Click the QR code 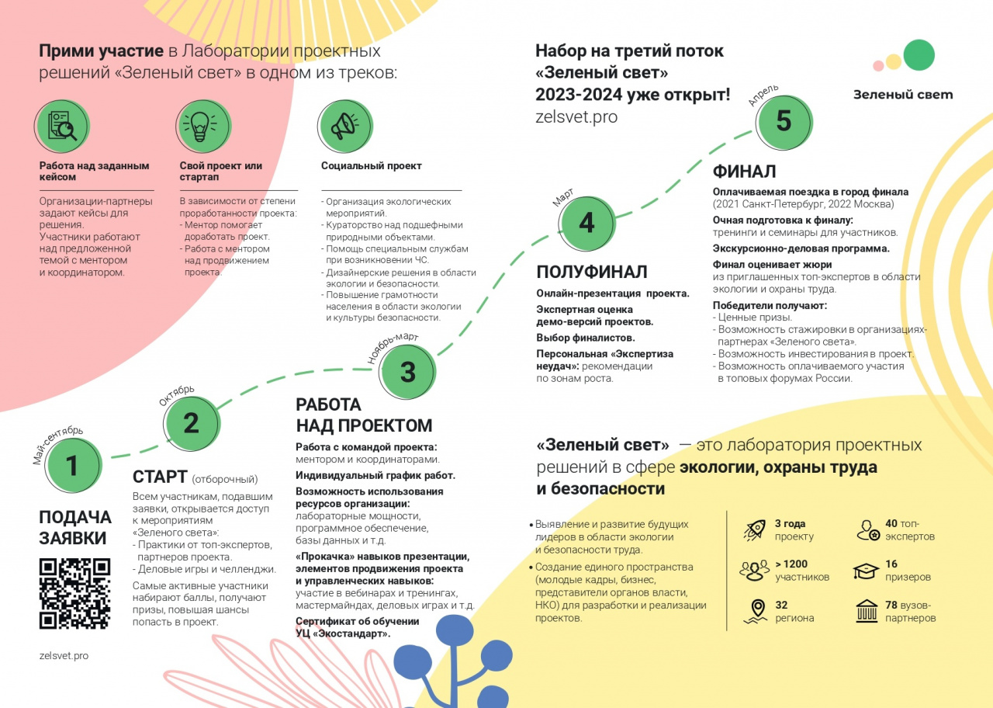click(74, 593)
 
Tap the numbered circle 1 click(72, 466)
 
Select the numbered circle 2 click(191, 423)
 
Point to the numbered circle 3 click(407, 373)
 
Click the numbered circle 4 click(586, 223)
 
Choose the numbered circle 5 click(784, 121)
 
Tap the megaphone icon click(344, 126)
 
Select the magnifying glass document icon click(62, 126)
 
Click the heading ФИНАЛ click(744, 172)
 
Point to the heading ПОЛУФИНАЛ click(591, 272)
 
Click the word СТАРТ click(160, 477)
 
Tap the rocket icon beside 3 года click(754, 529)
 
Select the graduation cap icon click(866, 571)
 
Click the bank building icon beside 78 click(867, 611)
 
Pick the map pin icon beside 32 click(754, 611)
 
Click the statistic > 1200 click(791, 564)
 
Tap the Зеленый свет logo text click(903, 95)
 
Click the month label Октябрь click(177, 395)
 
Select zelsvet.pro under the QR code click(64, 656)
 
